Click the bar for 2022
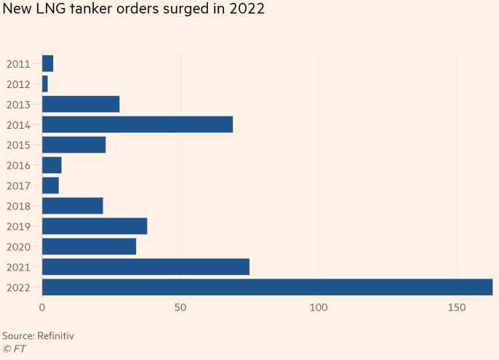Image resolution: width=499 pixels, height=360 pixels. click(267, 287)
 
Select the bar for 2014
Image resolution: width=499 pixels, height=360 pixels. click(137, 124)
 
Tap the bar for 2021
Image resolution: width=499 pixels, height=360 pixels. click(145, 267)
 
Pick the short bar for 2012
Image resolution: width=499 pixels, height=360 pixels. click(45, 84)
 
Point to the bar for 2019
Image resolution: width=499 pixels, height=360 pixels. click(95, 226)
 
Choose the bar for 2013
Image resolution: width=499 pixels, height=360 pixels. click(81, 104)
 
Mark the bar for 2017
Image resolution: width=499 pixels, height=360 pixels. click(50, 185)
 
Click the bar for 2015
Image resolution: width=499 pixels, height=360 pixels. click(74, 145)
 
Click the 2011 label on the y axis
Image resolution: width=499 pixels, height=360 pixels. click(18, 64)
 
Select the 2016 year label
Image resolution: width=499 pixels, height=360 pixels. click(18, 166)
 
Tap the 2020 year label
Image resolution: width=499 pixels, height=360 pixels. click(18, 247)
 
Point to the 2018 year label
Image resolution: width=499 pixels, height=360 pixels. click(18, 207)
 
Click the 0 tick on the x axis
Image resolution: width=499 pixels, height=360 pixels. click(42, 308)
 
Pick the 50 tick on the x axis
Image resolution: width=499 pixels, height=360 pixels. click(180, 308)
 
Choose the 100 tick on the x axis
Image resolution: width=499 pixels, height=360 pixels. click(319, 308)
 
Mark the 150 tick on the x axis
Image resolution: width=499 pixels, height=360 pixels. click(457, 308)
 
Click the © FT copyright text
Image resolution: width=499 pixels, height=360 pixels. click(15, 348)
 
